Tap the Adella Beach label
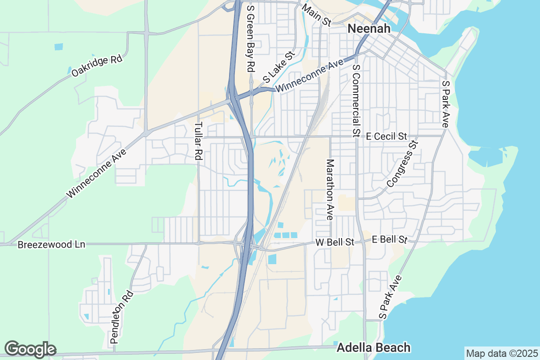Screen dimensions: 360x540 [x=373, y=347]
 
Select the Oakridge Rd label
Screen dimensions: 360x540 [x=97, y=66]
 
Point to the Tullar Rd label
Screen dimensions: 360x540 [x=198, y=141]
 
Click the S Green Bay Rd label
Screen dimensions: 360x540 [x=251, y=36]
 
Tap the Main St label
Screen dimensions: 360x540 [x=317, y=15]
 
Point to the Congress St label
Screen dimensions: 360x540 [x=402, y=164]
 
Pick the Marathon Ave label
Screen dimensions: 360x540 [x=330, y=189]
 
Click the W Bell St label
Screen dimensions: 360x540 [x=335, y=242]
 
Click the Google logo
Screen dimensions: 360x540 [x=30, y=349]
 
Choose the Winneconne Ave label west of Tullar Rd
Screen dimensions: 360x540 [x=97, y=173]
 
